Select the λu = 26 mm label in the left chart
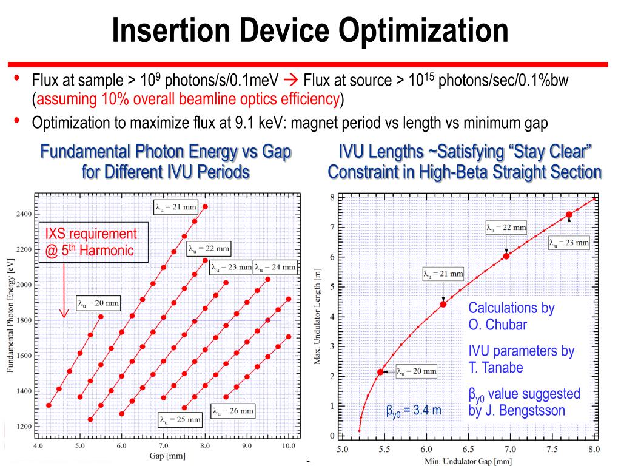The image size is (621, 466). (x=233, y=411)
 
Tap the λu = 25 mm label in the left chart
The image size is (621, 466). (x=180, y=419)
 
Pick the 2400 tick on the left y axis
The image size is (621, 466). (x=24, y=214)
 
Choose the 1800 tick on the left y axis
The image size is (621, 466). (x=24, y=320)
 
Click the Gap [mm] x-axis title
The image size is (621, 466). (x=164, y=456)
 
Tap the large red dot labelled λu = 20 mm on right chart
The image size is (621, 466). (x=381, y=372)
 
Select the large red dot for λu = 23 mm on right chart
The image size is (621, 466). (x=569, y=214)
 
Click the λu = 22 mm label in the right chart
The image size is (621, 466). (x=506, y=228)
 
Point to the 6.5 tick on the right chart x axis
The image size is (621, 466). (x=468, y=450)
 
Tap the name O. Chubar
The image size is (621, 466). (x=497, y=325)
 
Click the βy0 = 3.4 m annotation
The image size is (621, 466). (x=414, y=411)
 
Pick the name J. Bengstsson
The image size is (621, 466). (x=516, y=411)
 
